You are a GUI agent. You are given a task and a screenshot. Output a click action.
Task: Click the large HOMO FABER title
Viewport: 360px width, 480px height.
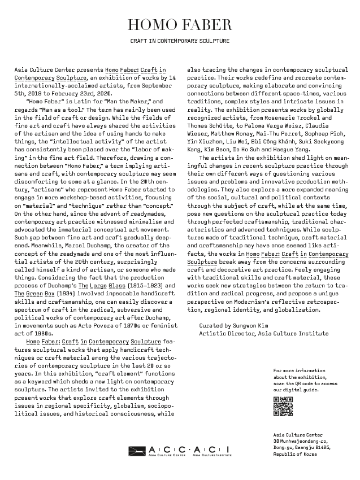click(180, 25)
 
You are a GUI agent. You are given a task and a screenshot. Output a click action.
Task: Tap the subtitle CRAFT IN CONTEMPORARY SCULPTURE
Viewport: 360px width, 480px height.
click(180, 41)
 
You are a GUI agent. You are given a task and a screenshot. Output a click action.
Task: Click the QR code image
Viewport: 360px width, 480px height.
click(283, 407)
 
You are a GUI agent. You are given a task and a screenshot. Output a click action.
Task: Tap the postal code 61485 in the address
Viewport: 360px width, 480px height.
click(321, 447)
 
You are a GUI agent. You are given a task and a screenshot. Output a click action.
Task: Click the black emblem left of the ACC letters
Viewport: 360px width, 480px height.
click(137, 450)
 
